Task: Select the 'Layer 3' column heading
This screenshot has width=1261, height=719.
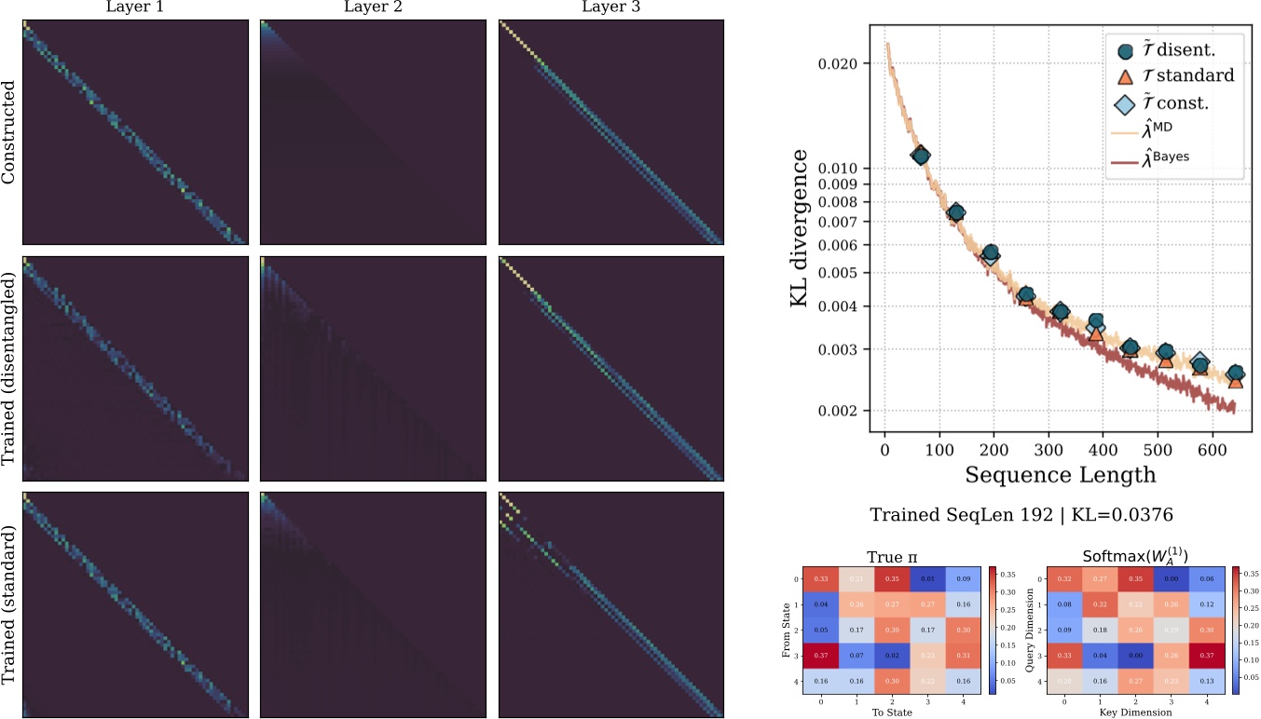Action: pyautogui.click(x=611, y=8)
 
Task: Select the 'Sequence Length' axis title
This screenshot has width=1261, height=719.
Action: pyautogui.click(x=1061, y=474)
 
